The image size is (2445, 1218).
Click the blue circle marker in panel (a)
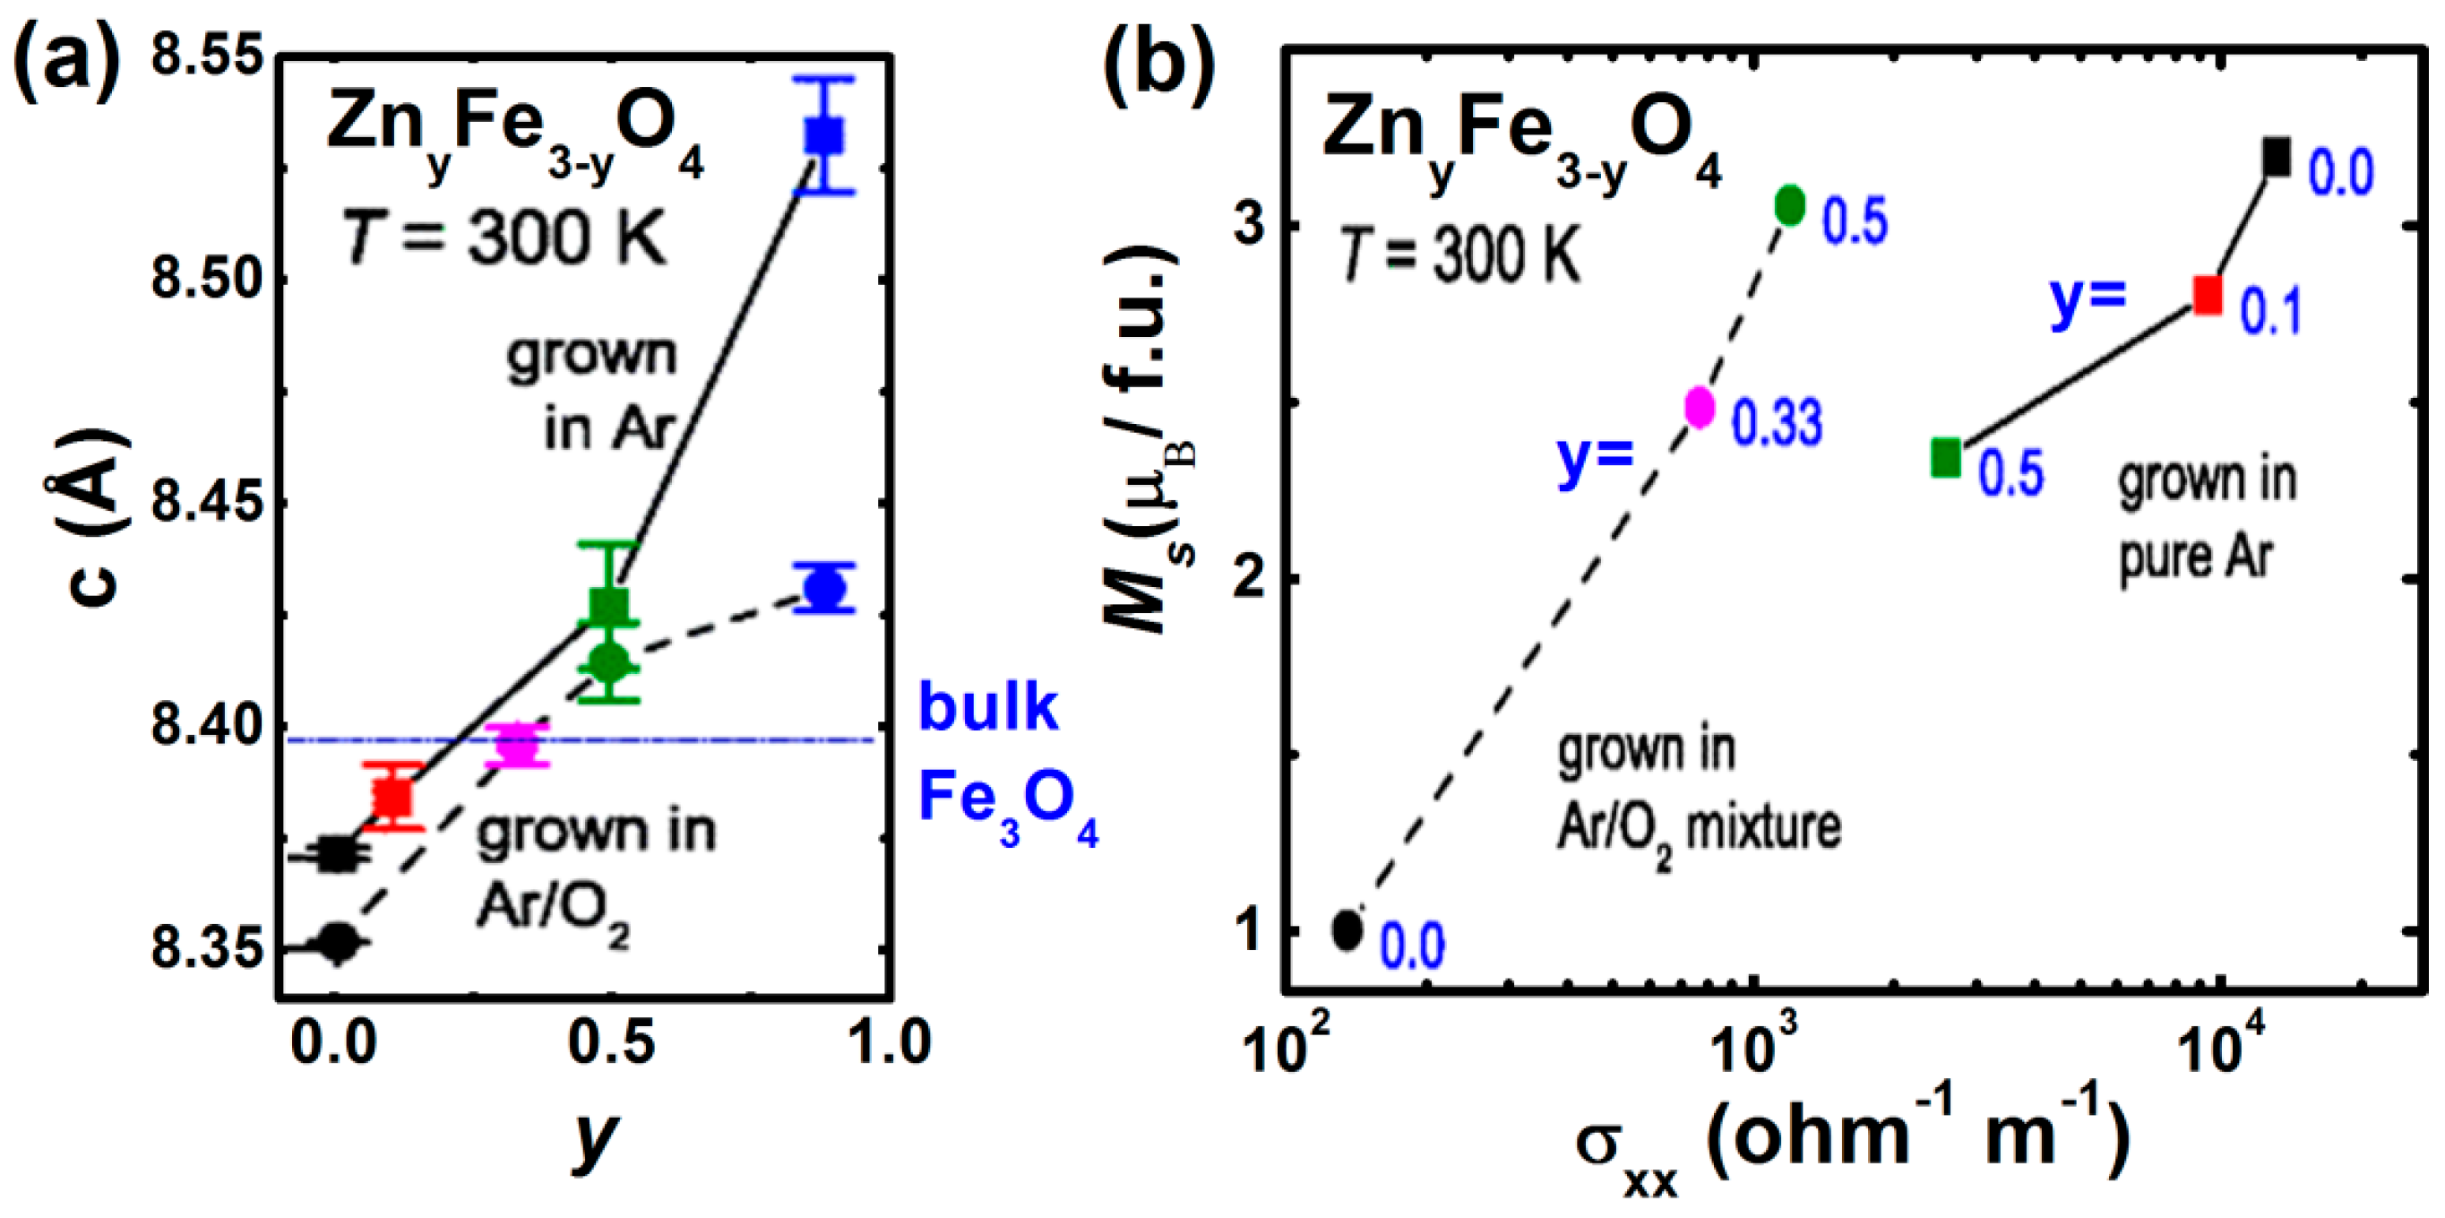pos(824,589)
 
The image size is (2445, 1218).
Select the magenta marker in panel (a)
pos(517,746)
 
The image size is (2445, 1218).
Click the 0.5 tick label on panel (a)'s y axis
pos(610,1041)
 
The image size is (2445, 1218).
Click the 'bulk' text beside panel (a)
pos(987,707)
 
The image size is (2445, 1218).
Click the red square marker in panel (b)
pos(2208,294)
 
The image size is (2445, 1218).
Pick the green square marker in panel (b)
pos(1946,458)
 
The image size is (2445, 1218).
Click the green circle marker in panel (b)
pos(1790,204)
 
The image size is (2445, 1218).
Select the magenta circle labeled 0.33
pos(1700,407)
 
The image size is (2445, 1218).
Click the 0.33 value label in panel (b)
pos(1777,422)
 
